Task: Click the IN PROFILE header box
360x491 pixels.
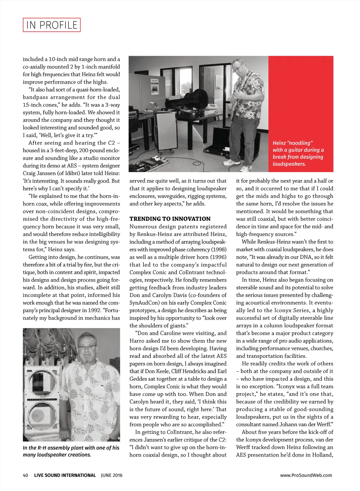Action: point(52,25)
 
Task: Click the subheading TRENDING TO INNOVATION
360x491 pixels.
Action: point(170,219)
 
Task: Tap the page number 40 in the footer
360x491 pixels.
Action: point(25,475)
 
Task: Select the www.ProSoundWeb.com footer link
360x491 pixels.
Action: point(306,475)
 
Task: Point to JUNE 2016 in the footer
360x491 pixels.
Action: point(111,475)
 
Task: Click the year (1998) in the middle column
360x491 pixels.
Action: point(219,249)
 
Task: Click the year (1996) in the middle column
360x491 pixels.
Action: point(219,257)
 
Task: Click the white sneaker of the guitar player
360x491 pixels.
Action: point(232,162)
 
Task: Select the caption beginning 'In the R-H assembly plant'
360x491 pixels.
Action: point(71,451)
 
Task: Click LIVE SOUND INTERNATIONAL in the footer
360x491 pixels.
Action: point(65,475)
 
